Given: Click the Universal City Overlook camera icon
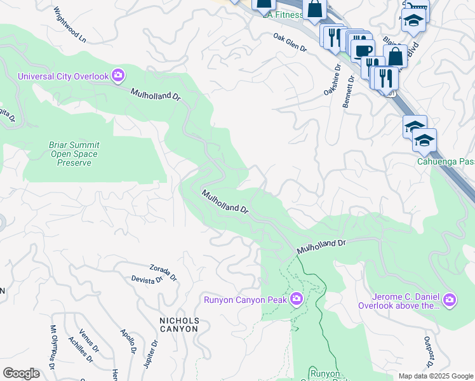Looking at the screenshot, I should point(118,76).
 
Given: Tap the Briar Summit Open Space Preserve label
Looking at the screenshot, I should point(74,154).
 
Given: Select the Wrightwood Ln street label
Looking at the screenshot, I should point(70,25).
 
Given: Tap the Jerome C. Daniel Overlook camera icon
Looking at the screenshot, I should point(450,299).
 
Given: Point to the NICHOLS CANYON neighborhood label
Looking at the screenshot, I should point(179,325).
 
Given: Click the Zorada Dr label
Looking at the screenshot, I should point(163,272).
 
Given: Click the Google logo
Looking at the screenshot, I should point(21,373).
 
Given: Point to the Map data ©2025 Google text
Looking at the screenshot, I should point(435,375).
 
